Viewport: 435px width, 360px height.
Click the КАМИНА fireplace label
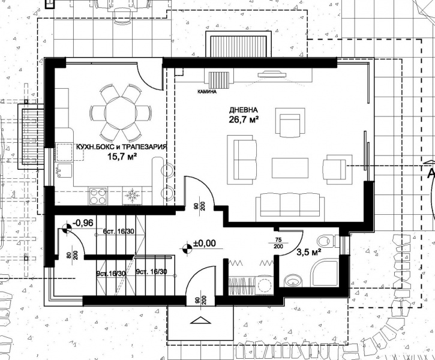tap(207, 92)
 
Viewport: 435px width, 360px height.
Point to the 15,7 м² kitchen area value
tap(122, 157)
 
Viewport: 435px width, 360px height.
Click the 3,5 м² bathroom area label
tap(309, 253)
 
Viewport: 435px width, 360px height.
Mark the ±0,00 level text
tap(204, 244)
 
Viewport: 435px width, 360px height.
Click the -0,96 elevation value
tap(82, 223)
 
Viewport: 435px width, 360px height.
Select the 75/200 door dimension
tap(278, 243)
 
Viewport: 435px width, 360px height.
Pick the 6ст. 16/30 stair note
tap(118, 232)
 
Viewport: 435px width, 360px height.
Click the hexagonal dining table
tap(121, 113)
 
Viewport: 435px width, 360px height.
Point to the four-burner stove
tap(98, 196)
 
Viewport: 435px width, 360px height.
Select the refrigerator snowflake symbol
tap(132, 196)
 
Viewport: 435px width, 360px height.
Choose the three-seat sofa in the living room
tap(290, 205)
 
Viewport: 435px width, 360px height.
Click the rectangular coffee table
tap(290, 168)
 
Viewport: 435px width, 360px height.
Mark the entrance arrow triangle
tap(200, 320)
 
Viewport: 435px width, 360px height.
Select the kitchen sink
tap(64, 171)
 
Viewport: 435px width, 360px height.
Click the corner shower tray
tap(325, 272)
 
